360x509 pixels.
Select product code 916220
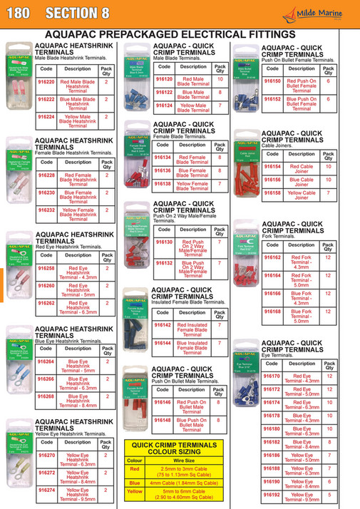[46, 82]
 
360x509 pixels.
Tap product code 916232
[46, 212]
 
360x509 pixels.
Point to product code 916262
[46, 302]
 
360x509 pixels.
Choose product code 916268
[46, 396]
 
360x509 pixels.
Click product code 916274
[46, 490]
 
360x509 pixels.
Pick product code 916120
[163, 79]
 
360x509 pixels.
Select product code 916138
[163, 183]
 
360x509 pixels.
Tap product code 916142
[163, 324]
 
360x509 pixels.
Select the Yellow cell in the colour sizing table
[134, 490]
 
